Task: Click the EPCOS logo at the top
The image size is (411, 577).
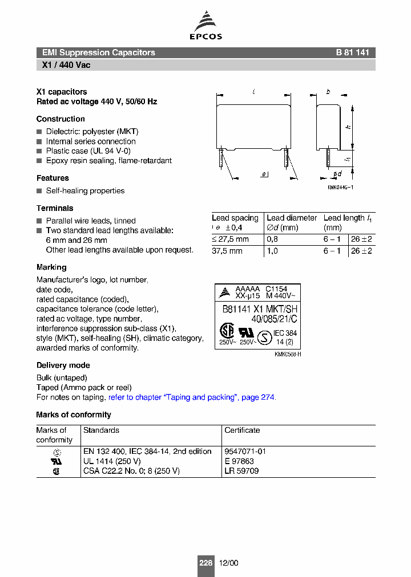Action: pos(205,26)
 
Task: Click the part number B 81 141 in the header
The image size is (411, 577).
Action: pos(352,52)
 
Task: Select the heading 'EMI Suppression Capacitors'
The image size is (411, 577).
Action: pos(98,52)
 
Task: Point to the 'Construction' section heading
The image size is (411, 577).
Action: pos(61,119)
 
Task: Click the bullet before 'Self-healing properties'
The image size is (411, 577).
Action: pos(39,191)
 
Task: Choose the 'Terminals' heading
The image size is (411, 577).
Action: pos(55,208)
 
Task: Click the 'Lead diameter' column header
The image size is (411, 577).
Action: pos(292,218)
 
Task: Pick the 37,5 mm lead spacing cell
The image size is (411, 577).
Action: pos(227,251)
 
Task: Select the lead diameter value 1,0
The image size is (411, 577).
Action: pos(272,251)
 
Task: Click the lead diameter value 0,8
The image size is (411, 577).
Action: pos(272,239)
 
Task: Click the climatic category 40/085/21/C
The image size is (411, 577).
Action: pos(275,319)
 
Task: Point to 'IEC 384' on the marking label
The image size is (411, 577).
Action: pos(285,333)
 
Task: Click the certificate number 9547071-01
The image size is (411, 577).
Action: pos(245,452)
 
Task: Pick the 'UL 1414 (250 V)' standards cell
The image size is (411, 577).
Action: pos(111,461)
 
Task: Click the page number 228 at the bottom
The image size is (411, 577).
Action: pos(205,563)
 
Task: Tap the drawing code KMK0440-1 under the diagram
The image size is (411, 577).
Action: pos(340,188)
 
